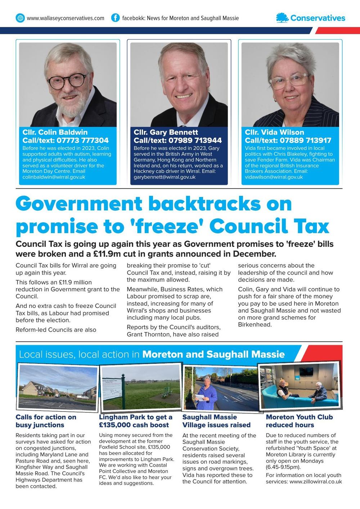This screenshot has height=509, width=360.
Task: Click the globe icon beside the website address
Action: click(20, 18)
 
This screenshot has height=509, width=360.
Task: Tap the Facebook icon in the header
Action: click(115, 18)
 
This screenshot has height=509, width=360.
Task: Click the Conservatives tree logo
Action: click(282, 18)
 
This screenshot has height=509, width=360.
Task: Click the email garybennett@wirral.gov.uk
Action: click(165, 177)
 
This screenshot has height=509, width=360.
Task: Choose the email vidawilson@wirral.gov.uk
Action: click(274, 177)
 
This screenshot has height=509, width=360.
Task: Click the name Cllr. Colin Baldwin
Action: click(55, 132)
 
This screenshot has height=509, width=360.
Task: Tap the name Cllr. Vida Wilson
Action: click(274, 132)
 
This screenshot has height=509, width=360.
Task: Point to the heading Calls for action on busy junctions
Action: click(46, 421)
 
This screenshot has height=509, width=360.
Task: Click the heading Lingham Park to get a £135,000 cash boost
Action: click(135, 421)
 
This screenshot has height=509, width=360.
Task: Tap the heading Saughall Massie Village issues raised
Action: click(216, 421)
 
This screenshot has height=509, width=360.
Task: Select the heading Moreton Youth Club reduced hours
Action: click(299, 421)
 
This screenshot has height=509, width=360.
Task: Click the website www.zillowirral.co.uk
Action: click(316, 481)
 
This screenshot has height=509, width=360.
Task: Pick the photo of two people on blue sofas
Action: click(300, 386)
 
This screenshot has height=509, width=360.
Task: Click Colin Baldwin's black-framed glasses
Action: click(67, 81)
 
